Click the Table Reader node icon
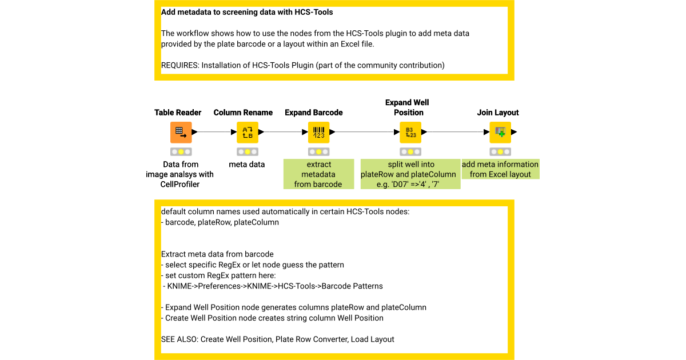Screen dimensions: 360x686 181,132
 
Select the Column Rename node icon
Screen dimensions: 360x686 248,132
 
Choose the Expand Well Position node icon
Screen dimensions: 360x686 410,132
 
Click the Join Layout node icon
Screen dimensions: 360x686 500,132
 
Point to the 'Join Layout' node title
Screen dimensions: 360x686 498,113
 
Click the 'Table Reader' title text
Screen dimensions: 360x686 178,113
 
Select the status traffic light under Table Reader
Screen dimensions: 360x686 181,152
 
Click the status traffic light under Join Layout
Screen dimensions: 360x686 500,152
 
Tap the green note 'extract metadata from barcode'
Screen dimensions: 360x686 318,174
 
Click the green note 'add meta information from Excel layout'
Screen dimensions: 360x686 500,169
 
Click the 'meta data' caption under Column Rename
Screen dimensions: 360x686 247,165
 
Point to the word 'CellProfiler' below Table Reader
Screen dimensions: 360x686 181,184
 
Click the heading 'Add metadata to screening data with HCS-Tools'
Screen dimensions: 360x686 247,11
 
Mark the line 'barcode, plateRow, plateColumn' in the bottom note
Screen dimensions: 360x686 222,222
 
